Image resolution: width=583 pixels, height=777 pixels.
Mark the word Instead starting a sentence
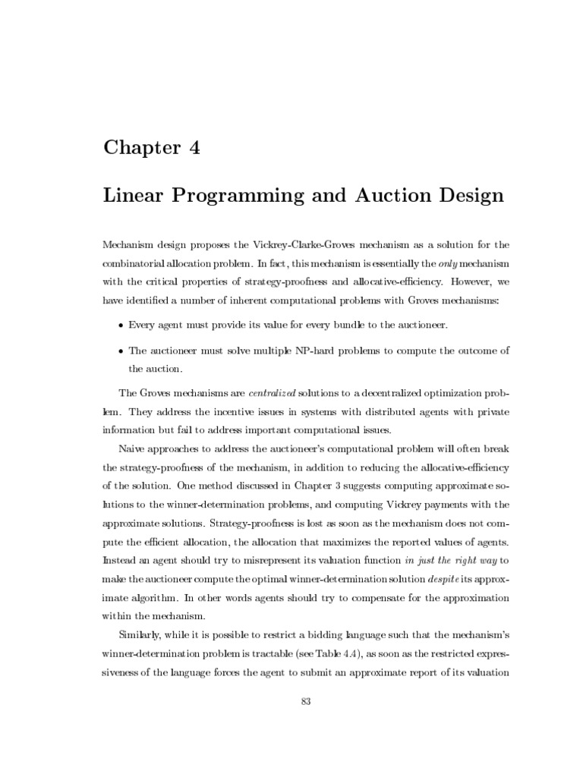point(121,559)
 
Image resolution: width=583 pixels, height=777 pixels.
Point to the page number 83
point(307,701)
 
